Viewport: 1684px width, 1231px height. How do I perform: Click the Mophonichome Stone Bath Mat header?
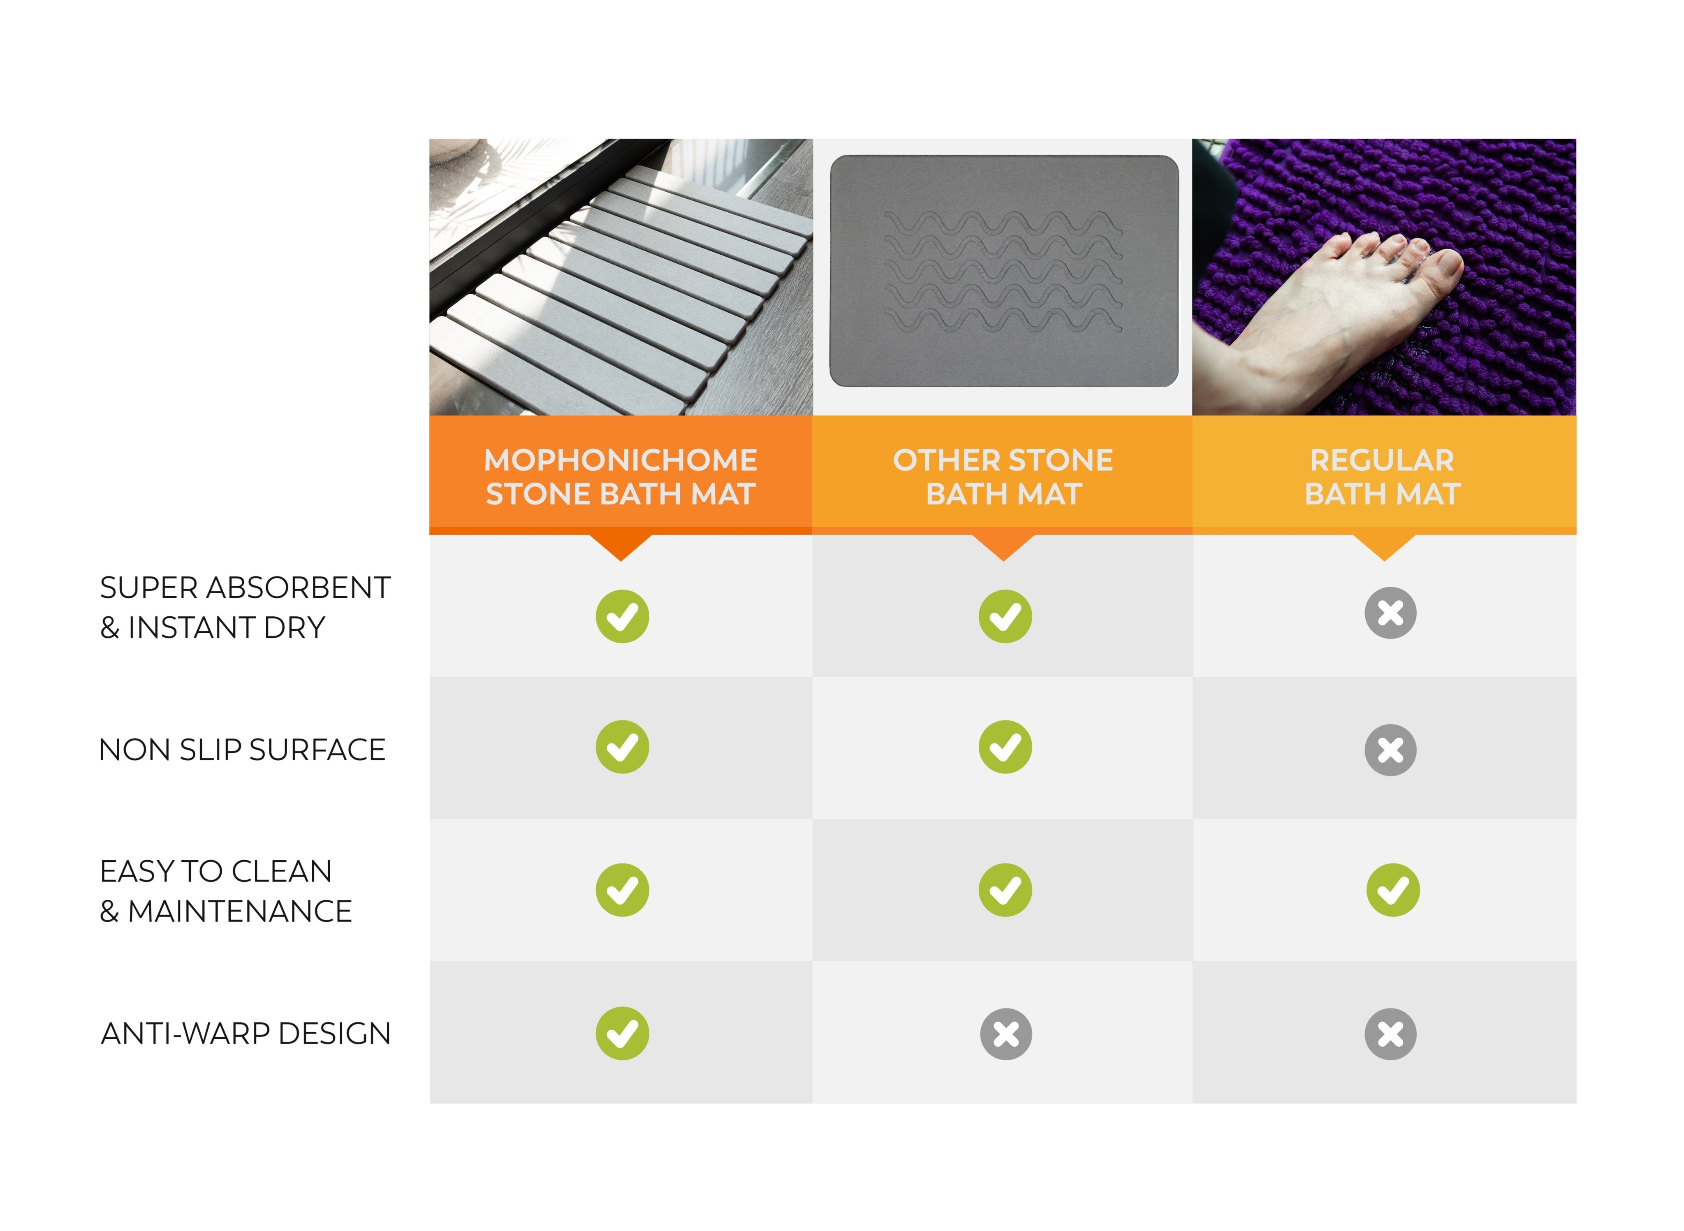[x=621, y=477]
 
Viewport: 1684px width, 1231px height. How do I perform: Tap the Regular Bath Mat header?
[x=1382, y=477]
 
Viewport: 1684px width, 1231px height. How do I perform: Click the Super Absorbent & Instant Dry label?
[x=245, y=607]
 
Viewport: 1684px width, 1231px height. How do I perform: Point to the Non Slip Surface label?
[x=242, y=750]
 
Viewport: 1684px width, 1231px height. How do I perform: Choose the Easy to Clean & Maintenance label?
[x=226, y=891]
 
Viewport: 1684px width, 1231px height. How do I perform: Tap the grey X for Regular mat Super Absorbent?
[x=1390, y=613]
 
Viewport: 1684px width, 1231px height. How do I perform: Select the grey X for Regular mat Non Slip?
[x=1390, y=750]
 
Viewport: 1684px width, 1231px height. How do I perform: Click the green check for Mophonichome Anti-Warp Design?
[x=622, y=1034]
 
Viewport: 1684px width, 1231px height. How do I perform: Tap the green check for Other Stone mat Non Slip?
[x=1005, y=747]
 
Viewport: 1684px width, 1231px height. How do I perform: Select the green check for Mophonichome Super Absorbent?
[x=622, y=616]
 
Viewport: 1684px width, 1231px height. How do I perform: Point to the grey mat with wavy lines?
[x=1003, y=270]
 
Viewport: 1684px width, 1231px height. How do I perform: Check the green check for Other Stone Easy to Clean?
[x=1005, y=890]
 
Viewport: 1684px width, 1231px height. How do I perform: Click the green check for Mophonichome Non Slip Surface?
[x=622, y=747]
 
